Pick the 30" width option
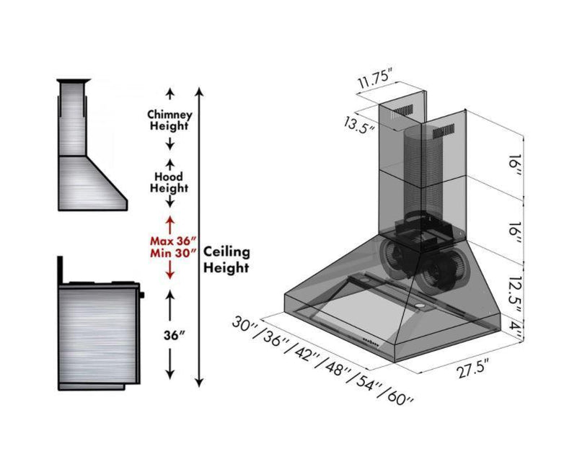pos(246,323)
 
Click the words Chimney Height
pos(169,120)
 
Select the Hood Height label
pos(169,182)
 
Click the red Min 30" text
pos(170,253)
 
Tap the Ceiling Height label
pos(227,259)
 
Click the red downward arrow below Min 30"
pos(170,271)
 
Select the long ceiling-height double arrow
pos(200,238)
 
